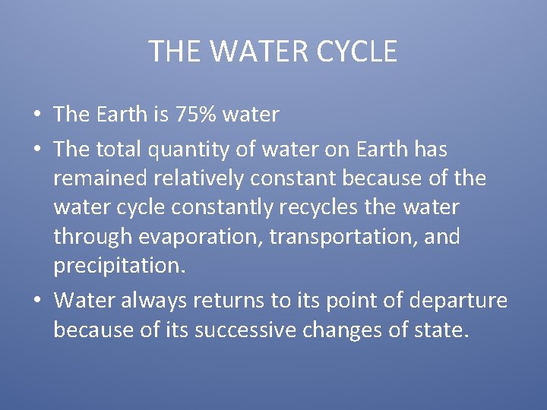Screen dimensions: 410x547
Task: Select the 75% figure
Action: pyautogui.click(x=196, y=115)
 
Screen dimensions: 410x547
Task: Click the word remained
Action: pyautogui.click(x=100, y=178)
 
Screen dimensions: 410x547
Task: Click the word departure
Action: pyautogui.click(x=457, y=301)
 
